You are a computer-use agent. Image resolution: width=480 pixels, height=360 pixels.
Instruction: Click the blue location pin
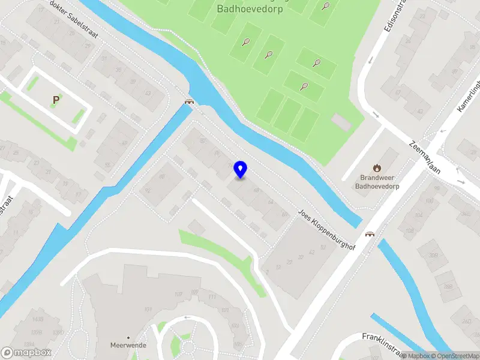click(241, 169)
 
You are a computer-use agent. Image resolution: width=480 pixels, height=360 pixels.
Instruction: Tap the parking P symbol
click(56, 100)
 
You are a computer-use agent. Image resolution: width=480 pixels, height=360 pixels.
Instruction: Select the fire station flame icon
click(377, 168)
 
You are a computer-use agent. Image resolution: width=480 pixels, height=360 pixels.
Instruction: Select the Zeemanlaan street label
click(425, 157)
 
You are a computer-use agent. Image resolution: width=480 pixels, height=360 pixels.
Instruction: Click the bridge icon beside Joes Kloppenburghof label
click(370, 235)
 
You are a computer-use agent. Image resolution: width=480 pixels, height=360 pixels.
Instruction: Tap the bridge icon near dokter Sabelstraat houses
click(190, 101)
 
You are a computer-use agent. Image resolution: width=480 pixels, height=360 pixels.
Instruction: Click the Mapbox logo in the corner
click(26, 353)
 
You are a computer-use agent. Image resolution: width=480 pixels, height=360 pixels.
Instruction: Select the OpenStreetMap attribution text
click(454, 356)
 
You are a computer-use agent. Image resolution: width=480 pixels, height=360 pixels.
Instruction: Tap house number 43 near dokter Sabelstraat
click(148, 93)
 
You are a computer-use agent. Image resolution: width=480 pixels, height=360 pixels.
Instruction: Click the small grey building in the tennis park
click(340, 122)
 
